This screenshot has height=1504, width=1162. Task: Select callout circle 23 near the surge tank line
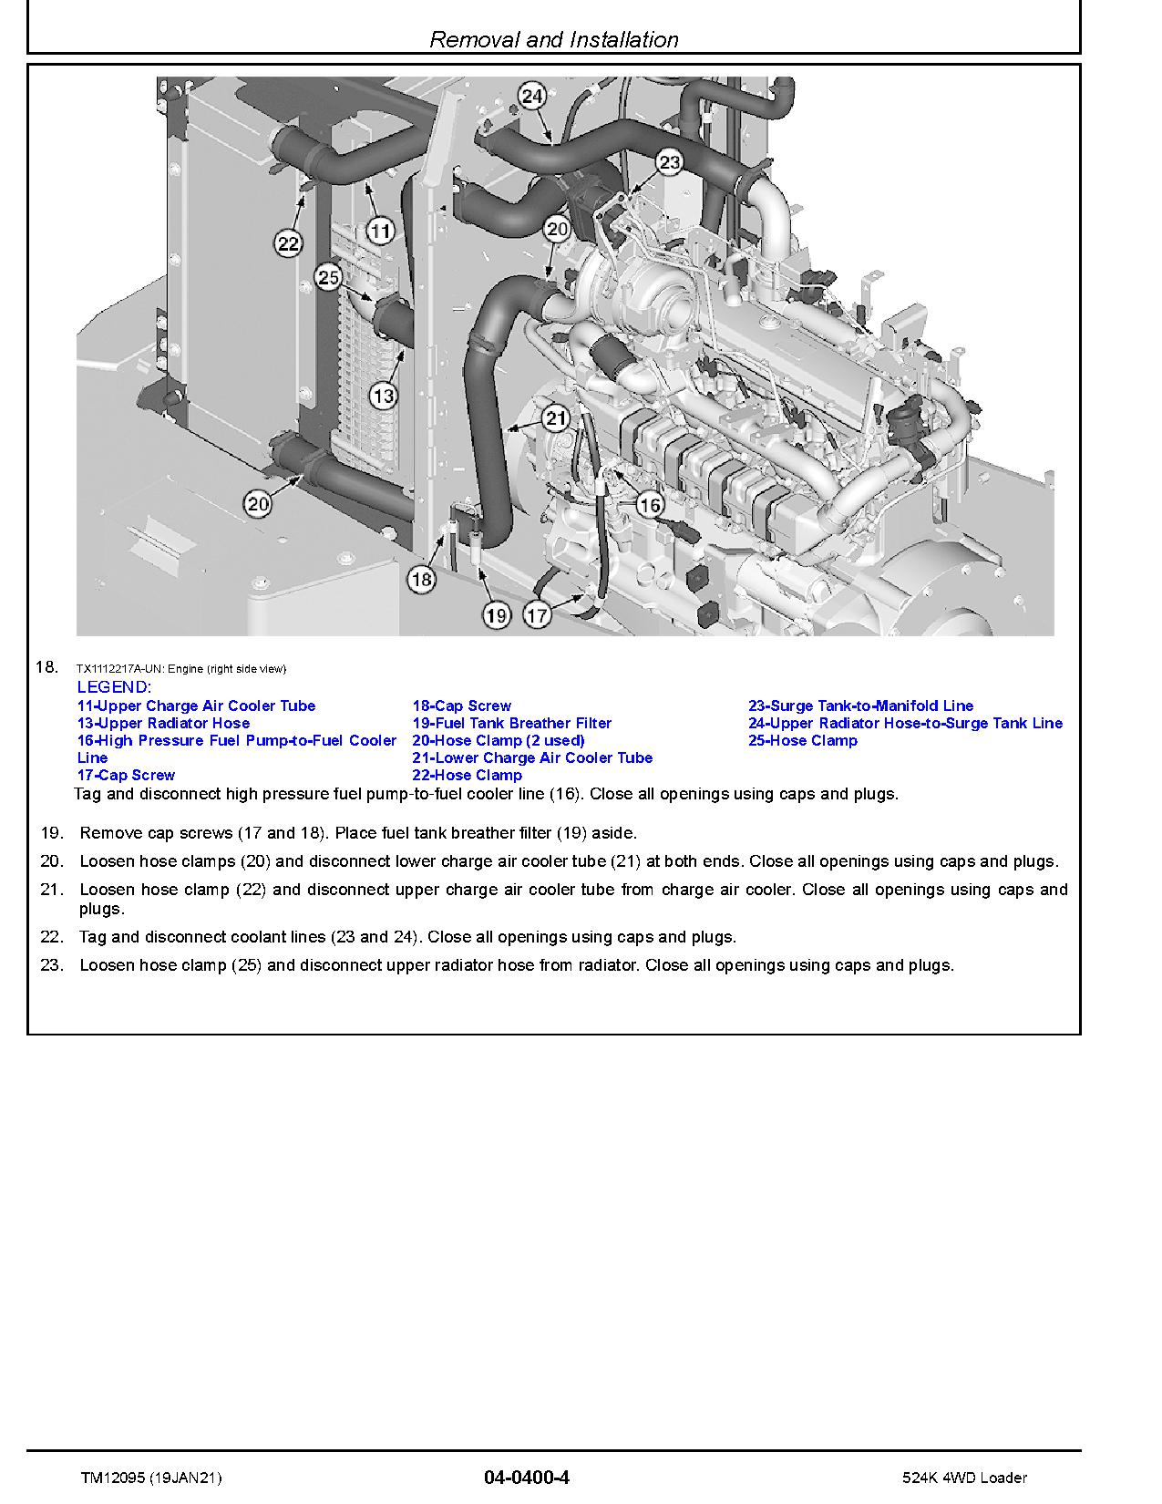pyautogui.click(x=669, y=162)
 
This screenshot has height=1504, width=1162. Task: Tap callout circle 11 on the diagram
pyautogui.click(x=380, y=231)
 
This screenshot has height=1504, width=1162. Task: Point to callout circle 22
pyautogui.click(x=288, y=243)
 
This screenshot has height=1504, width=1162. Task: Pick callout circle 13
pyautogui.click(x=383, y=396)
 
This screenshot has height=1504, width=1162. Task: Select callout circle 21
pyautogui.click(x=555, y=419)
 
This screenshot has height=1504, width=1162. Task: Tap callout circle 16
pyautogui.click(x=649, y=505)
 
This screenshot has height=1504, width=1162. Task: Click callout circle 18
pyautogui.click(x=421, y=578)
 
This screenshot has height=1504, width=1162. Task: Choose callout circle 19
pyautogui.click(x=496, y=616)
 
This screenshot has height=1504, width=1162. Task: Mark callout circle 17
pyautogui.click(x=538, y=616)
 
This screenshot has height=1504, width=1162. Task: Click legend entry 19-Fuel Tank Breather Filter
pyautogui.click(x=511, y=723)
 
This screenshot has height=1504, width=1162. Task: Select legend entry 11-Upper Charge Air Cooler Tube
pyautogui.click(x=196, y=706)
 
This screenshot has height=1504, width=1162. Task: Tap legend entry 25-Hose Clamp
pyautogui.click(x=802, y=740)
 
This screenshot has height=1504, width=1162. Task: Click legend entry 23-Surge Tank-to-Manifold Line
pyautogui.click(x=860, y=706)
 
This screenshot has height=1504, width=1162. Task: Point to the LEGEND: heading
pyautogui.click(x=114, y=687)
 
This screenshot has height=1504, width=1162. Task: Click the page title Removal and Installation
pyautogui.click(x=553, y=39)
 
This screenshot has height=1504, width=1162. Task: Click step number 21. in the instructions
pyautogui.click(x=52, y=889)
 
